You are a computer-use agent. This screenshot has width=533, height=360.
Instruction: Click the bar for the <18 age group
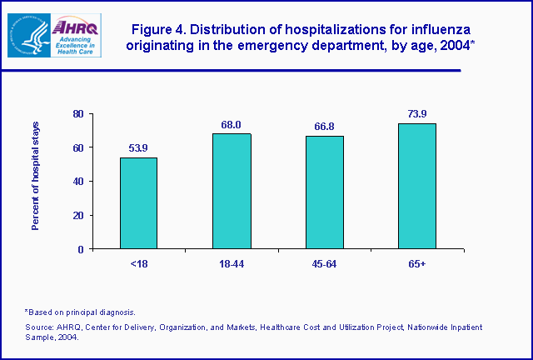point(138,203)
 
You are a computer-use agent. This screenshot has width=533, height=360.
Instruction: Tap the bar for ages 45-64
point(324,192)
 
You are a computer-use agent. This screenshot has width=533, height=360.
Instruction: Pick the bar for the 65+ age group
point(417,186)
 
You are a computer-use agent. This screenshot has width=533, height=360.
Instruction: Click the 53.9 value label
point(138,148)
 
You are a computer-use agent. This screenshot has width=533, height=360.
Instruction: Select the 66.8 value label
point(324,127)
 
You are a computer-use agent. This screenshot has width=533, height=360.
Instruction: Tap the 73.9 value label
point(417,115)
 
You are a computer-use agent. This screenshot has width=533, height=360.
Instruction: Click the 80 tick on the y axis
point(77,113)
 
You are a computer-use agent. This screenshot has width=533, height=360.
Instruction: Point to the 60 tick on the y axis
point(77,147)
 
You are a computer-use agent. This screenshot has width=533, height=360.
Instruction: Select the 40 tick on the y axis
point(77,182)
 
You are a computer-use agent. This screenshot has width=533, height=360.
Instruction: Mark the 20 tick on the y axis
point(77,215)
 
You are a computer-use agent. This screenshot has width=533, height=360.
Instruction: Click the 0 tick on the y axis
point(80,249)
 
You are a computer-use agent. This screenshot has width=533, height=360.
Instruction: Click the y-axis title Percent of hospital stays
point(36,181)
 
